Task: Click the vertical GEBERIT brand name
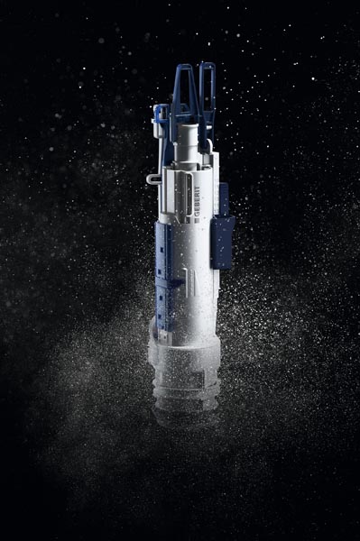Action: [197, 201]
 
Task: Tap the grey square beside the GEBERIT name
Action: [197, 220]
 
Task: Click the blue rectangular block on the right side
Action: [222, 243]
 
